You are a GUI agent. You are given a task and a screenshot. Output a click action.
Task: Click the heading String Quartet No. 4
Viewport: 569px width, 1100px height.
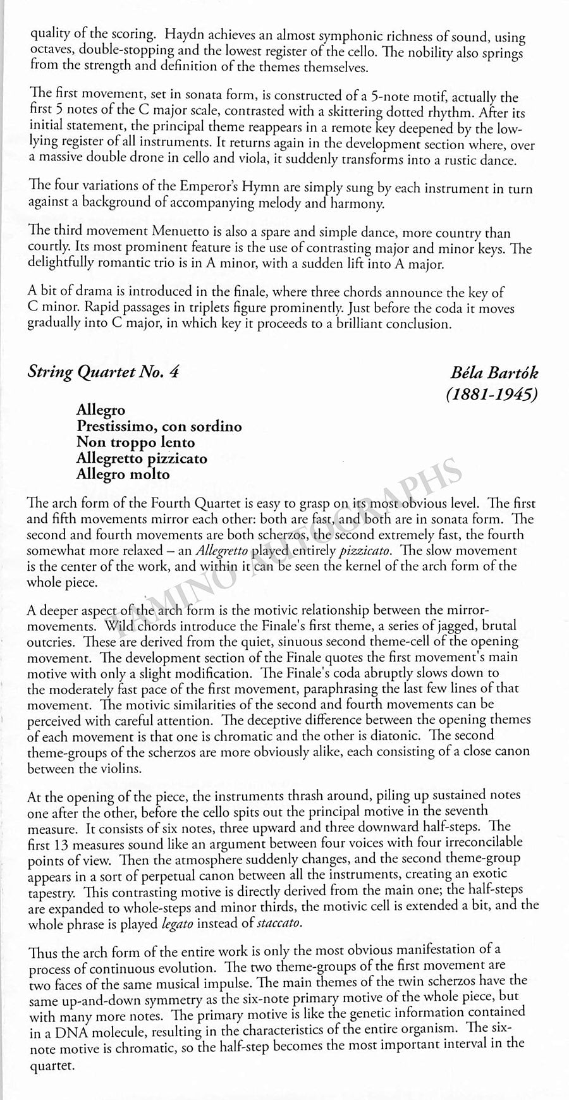(103, 372)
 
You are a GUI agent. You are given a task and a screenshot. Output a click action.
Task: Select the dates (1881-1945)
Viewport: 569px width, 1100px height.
(491, 395)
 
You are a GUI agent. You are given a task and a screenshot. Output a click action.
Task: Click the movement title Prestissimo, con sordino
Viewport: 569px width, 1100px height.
(159, 426)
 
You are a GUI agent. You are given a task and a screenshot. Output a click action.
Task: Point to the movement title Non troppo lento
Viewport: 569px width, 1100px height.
(135, 442)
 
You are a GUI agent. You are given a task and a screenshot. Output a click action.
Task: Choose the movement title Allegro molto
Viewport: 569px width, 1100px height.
(123, 474)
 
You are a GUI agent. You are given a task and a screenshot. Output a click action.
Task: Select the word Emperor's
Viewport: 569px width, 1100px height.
(192, 188)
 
